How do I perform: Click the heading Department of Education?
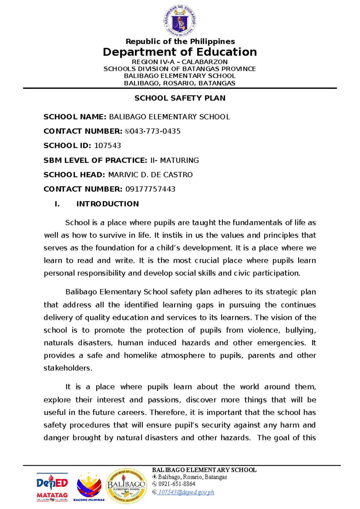click(x=180, y=52)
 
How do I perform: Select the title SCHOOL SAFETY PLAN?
click(x=180, y=98)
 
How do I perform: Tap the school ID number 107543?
click(x=107, y=146)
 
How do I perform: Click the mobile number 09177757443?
click(x=150, y=189)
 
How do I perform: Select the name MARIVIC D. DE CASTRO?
click(x=150, y=175)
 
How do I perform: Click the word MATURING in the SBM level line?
click(x=179, y=160)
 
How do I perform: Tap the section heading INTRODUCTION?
click(x=107, y=204)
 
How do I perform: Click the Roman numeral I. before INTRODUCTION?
click(x=57, y=204)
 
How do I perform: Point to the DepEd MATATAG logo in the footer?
click(x=52, y=487)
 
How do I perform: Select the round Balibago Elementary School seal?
click(x=126, y=486)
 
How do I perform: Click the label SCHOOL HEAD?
click(x=74, y=175)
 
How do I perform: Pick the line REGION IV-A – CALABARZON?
click(x=180, y=62)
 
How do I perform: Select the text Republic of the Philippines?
click(x=180, y=41)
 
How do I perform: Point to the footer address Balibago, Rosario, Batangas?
click(x=192, y=477)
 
